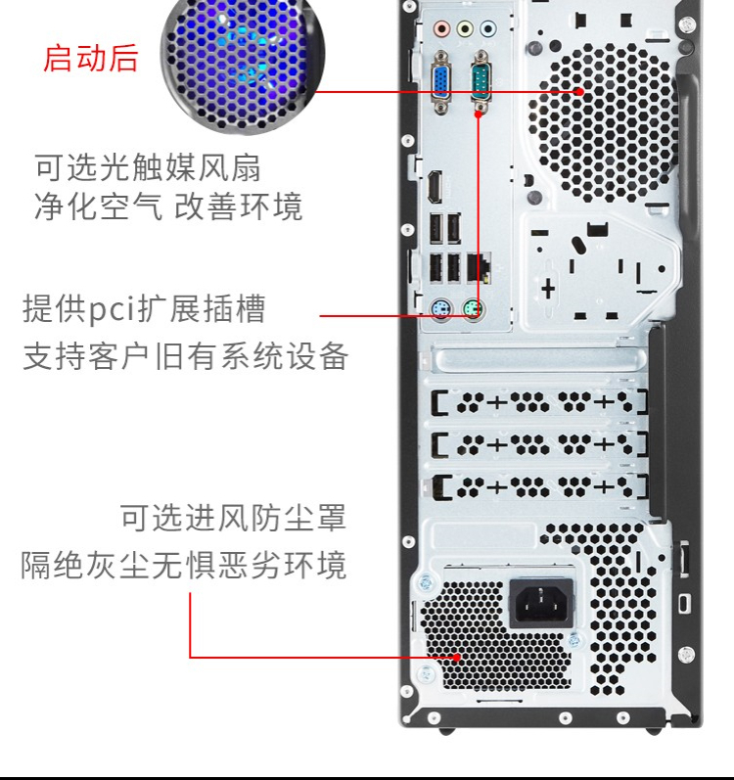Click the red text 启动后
coord(90,58)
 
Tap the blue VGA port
coord(441,82)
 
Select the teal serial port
coord(481,81)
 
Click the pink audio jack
coord(441,28)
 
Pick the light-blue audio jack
coord(488,28)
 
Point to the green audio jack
coord(465,28)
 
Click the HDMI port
coord(436,187)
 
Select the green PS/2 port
coord(473,310)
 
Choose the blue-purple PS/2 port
coord(441,310)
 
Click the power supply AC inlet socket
coord(541,604)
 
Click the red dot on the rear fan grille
coord(579,92)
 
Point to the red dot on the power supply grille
coord(456,657)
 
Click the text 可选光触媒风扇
coord(148,167)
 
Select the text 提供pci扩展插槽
coord(144,308)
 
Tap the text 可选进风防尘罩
coord(233,518)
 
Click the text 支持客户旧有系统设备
coord(186,356)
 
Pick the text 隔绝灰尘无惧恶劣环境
coord(184,565)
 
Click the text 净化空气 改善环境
coord(168,206)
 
